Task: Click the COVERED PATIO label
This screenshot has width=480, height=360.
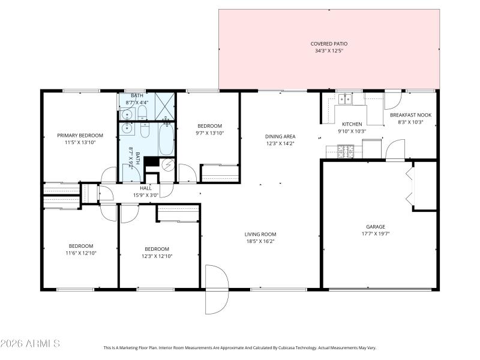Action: tap(329, 44)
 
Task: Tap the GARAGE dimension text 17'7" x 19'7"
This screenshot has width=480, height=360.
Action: tap(376, 234)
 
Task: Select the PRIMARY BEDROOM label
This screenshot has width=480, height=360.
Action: tap(80, 136)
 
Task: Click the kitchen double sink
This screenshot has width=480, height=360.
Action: tap(344, 100)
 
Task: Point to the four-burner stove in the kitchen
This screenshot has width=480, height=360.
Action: tap(347, 151)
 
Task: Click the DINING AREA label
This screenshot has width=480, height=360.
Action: tap(280, 136)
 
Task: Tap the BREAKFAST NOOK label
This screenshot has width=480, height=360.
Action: tap(410, 115)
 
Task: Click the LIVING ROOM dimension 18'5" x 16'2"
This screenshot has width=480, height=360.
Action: tap(260, 241)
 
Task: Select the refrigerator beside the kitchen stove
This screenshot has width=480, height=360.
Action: tap(373, 148)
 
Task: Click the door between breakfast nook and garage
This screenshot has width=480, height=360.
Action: tap(395, 151)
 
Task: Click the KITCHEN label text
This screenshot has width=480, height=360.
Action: tap(352, 124)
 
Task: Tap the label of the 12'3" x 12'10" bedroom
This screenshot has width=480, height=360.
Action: tap(157, 248)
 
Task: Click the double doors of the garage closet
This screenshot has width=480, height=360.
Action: tap(410, 187)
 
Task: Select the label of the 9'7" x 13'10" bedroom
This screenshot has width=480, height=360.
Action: tap(210, 125)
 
